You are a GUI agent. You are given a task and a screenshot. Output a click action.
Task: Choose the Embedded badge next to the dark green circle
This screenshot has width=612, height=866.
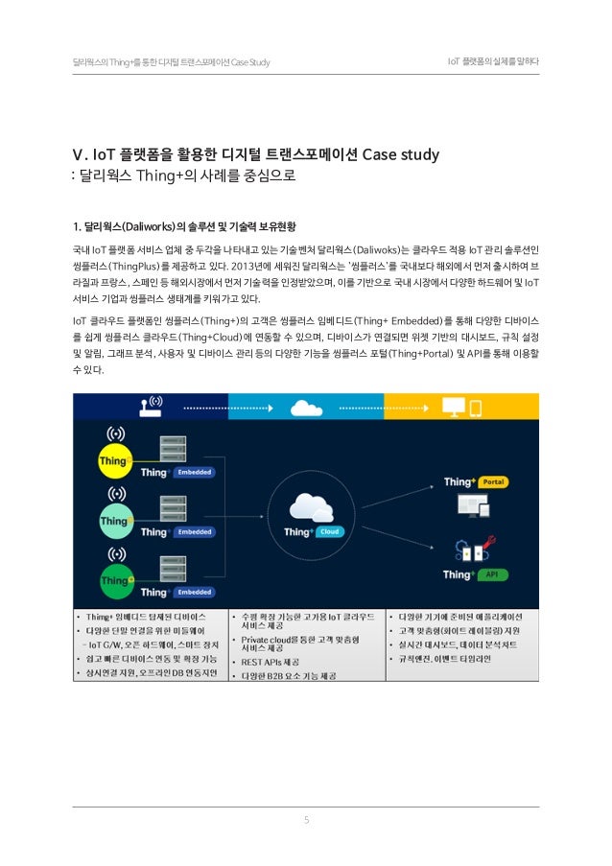coord(195,591)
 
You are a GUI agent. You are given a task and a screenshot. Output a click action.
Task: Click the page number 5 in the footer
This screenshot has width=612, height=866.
coord(305,819)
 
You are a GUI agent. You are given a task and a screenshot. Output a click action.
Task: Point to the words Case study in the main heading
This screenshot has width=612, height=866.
coord(401,154)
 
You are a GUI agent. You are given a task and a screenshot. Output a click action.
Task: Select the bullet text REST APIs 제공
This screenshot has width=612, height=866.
coord(274,661)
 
